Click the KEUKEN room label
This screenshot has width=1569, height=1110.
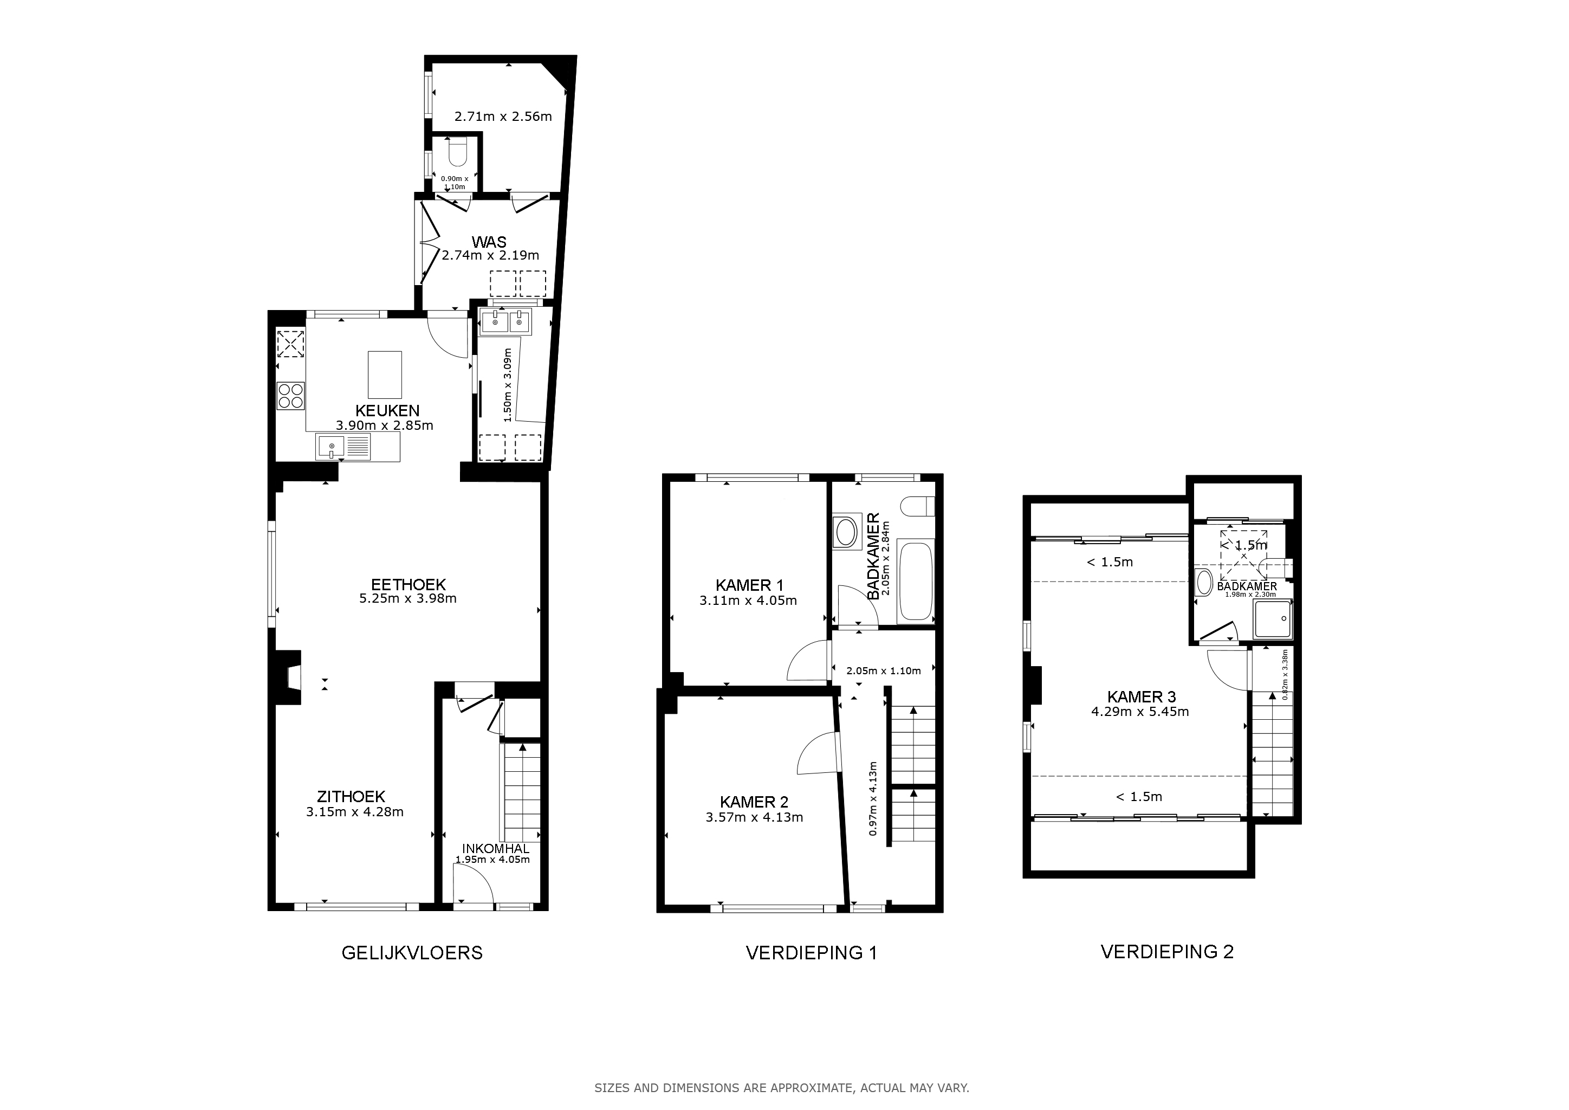click(x=387, y=411)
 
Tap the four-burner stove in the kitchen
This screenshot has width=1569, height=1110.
click(x=290, y=396)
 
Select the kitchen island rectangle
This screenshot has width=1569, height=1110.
click(x=385, y=375)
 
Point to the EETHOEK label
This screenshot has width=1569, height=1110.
click(x=408, y=584)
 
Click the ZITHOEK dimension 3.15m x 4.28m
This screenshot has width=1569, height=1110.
click(x=355, y=812)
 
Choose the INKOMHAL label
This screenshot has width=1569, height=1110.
click(x=495, y=849)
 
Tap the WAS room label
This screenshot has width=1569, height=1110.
click(x=489, y=242)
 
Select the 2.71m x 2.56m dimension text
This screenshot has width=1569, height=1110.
click(x=503, y=116)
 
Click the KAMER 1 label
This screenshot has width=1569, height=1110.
click(x=749, y=585)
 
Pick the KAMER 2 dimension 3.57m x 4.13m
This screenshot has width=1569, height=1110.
click(x=754, y=817)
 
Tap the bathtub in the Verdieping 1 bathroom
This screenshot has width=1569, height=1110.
click(x=916, y=581)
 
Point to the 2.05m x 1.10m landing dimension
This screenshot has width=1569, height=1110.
click(x=883, y=670)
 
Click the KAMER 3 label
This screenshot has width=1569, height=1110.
click(x=1141, y=696)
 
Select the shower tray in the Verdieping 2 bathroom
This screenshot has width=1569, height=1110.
click(x=1273, y=619)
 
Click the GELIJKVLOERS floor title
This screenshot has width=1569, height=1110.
click(x=412, y=953)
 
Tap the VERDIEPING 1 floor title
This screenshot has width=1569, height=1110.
click(x=811, y=953)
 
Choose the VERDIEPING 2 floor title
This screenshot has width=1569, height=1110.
click(x=1167, y=951)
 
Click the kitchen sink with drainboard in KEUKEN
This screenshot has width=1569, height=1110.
click(x=343, y=447)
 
